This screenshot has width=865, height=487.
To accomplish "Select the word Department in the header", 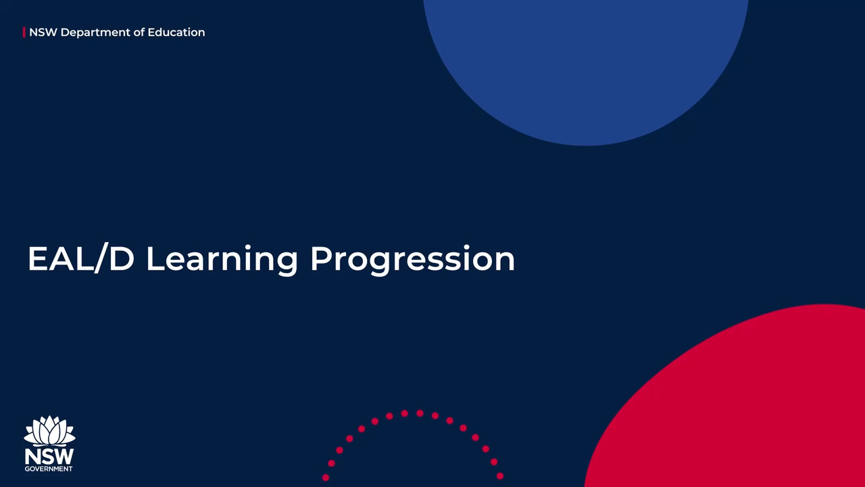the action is click(x=95, y=33).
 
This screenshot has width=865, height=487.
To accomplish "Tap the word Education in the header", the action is click(x=176, y=32).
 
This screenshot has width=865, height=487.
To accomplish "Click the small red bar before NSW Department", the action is click(x=24, y=32).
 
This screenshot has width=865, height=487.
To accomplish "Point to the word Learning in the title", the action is click(x=222, y=260).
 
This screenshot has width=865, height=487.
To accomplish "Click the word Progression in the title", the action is click(x=413, y=260).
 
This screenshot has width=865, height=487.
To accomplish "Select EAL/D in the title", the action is click(x=81, y=258).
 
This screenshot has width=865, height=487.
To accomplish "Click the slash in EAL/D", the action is click(x=101, y=258).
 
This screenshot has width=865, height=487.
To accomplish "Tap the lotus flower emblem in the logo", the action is click(x=49, y=431).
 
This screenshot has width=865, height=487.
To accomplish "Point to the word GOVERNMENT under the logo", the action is click(x=49, y=469).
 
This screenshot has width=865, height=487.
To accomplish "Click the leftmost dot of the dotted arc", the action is click(x=326, y=478).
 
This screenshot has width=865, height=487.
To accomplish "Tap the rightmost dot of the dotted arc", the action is click(x=500, y=476).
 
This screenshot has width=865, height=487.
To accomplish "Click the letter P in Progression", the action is click(x=322, y=258).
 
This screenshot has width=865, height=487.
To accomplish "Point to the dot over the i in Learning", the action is click(x=248, y=248).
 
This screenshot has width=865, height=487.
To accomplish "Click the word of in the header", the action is click(x=139, y=32).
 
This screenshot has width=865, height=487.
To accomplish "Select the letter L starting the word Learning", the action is click(x=156, y=258).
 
